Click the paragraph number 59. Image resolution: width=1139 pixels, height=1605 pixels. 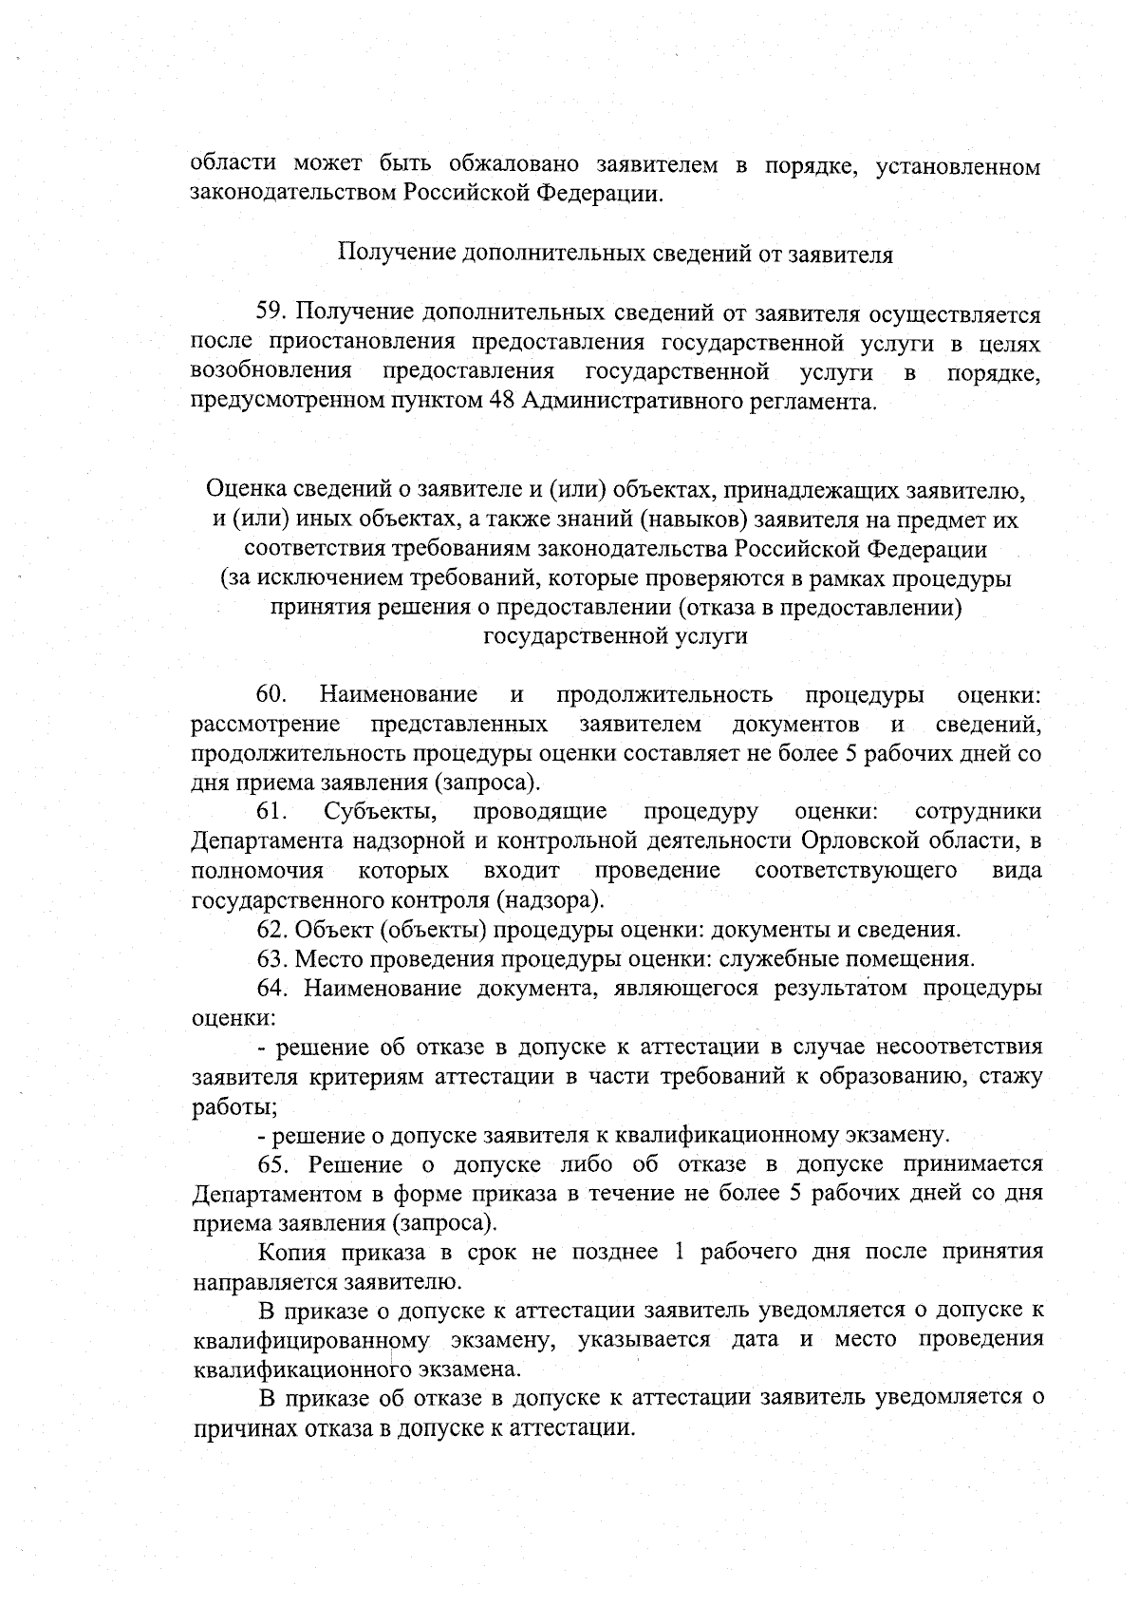click(271, 313)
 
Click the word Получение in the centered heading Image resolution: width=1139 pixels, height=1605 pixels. click(397, 255)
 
